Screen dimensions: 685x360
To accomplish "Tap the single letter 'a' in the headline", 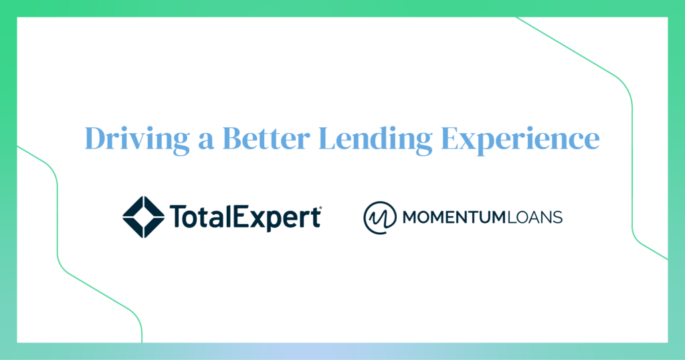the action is tap(206, 141).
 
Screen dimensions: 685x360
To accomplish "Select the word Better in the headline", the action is tap(266, 138).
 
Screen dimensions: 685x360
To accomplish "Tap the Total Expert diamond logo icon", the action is tap(144, 217).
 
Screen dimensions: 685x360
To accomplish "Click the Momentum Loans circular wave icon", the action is tap(380, 217).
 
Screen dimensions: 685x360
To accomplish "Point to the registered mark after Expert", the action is tap(320, 209).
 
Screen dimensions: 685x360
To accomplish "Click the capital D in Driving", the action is tap(96, 138).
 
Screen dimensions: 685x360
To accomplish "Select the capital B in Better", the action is tap(233, 138).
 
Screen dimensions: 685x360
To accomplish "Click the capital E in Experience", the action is tap(452, 138).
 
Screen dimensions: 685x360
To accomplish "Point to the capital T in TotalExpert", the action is tap(178, 217).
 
